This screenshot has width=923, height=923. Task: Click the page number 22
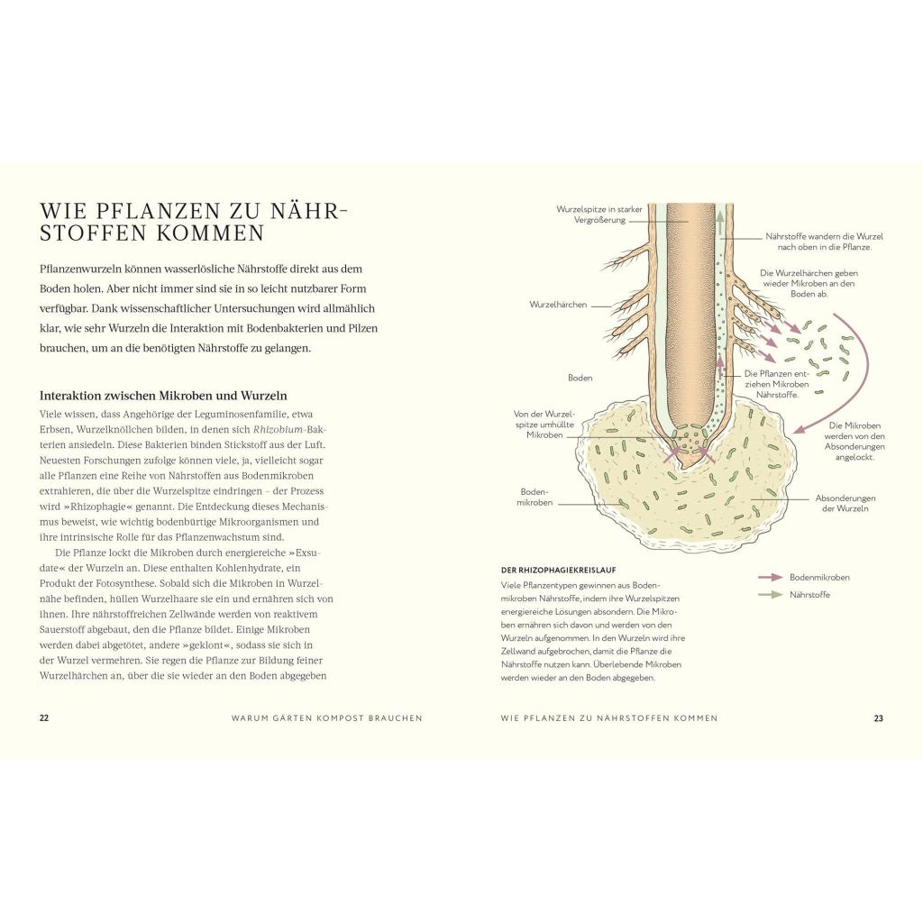44,717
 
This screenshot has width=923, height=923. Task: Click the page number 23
878,718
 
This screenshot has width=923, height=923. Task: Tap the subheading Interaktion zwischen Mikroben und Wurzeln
163,396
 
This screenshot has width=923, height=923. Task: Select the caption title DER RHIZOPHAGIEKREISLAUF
558,570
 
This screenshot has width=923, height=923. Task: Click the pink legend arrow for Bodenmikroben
771,578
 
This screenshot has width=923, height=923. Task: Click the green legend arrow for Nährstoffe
771,595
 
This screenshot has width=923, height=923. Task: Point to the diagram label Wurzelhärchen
558,305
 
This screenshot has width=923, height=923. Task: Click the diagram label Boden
580,378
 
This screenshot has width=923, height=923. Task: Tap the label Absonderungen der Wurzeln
845,503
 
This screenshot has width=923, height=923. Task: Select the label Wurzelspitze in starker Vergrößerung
599,215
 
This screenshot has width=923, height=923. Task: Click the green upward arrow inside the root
720,224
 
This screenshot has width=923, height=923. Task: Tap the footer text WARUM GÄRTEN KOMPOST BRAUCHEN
326,718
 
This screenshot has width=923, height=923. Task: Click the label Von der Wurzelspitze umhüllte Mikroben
544,425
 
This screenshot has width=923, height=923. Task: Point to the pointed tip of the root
684,469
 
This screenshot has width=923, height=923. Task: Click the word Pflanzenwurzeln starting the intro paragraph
82,269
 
